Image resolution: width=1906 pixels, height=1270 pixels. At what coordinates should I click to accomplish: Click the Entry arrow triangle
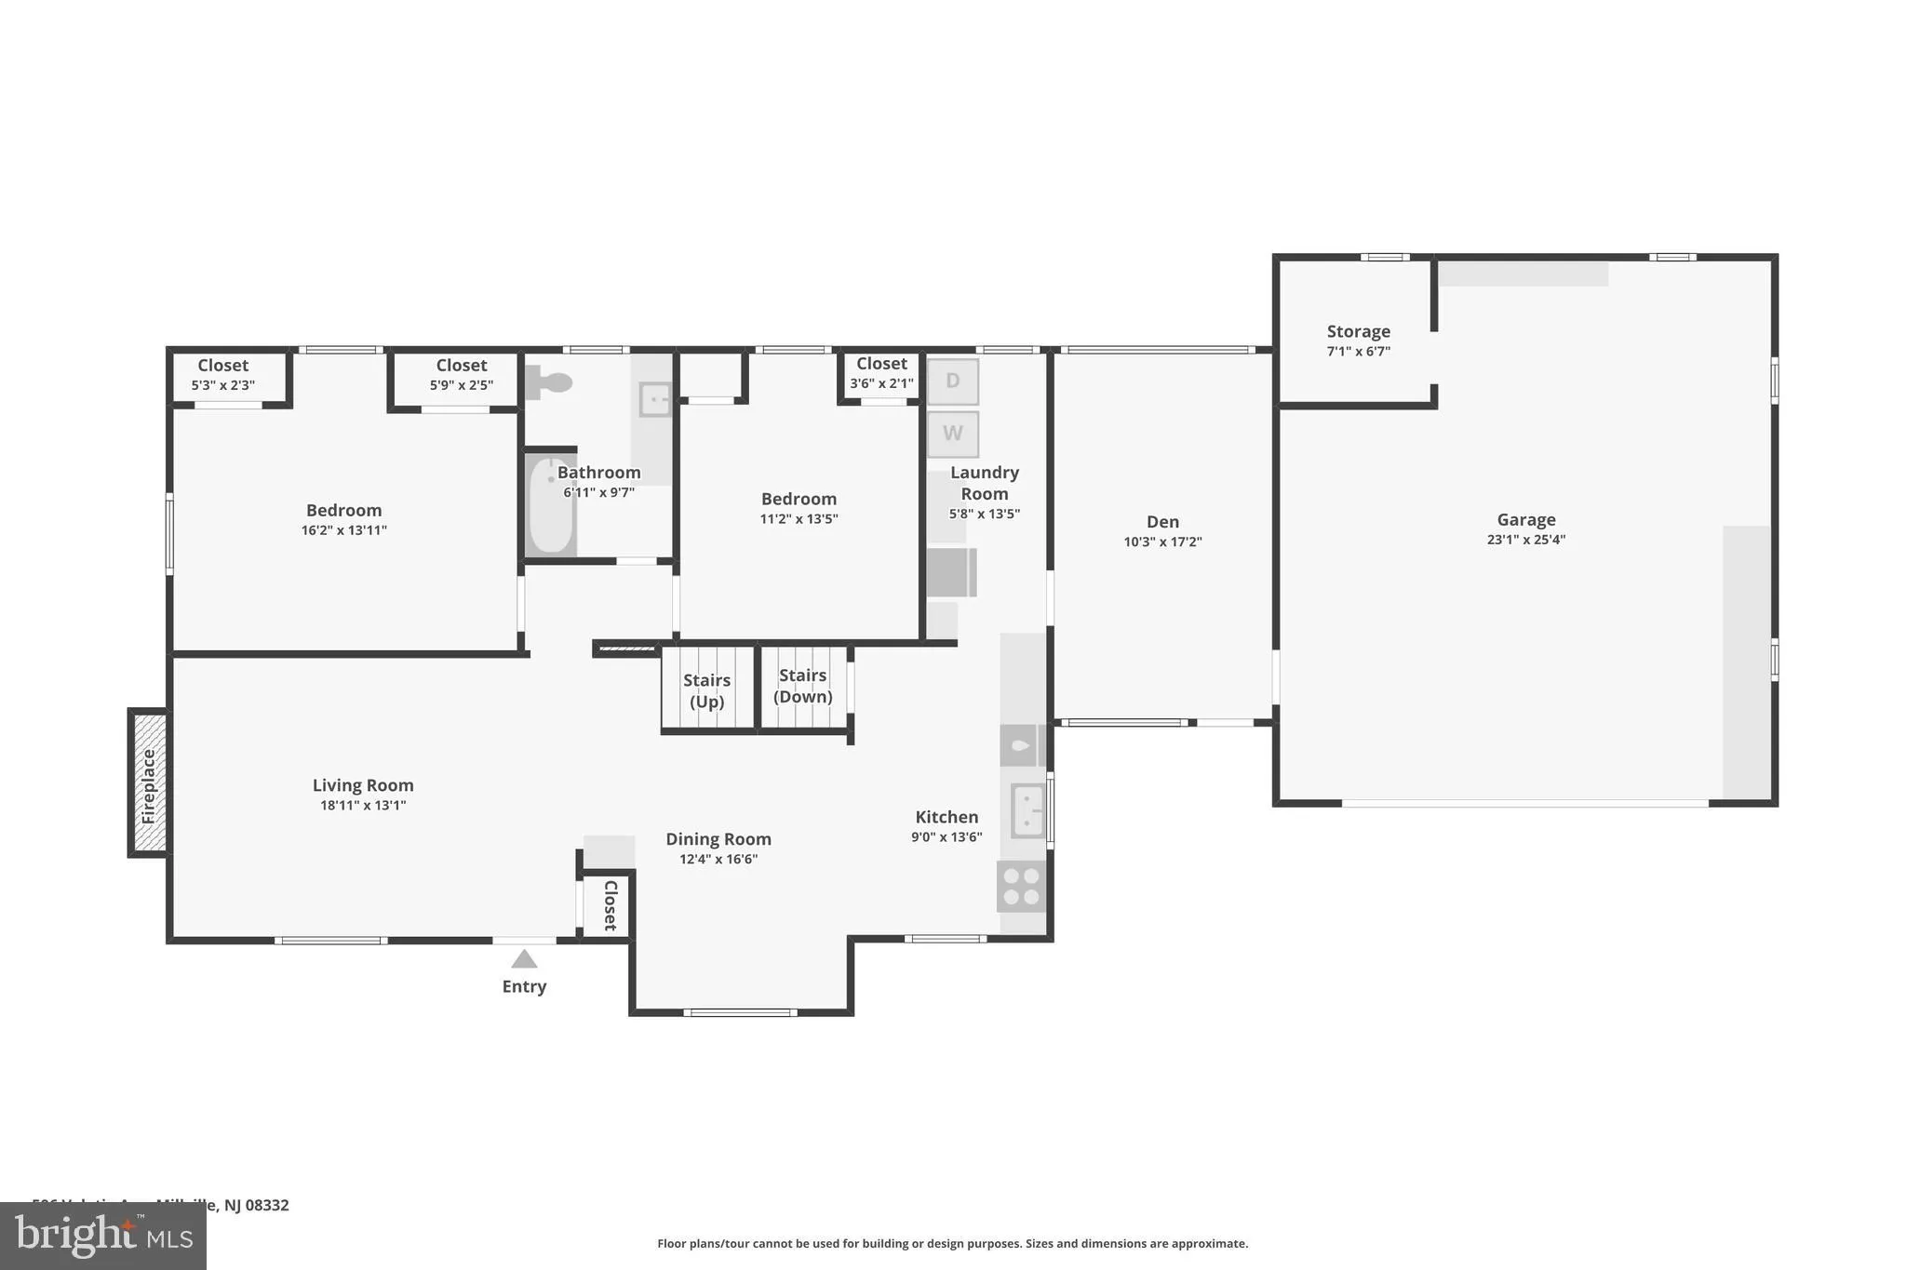pos(524,959)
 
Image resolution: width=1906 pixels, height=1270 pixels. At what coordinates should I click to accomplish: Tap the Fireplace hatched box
pos(149,782)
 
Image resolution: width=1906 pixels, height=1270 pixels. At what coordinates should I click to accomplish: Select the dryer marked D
pos(952,381)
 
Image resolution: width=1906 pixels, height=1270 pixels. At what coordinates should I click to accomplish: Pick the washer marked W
pos(952,434)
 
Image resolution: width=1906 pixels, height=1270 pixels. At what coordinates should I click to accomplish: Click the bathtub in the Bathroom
pos(551,506)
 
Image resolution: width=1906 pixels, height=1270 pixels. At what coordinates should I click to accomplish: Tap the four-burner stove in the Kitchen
pos(1021,886)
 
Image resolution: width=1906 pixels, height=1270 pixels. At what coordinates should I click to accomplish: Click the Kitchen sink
pos(1028,810)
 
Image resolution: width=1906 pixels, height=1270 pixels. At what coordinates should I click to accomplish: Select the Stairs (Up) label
pos(706,691)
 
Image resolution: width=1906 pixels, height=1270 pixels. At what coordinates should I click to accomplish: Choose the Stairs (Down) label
pos(802,686)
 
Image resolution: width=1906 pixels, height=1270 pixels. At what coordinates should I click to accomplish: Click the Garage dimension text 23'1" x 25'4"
pos(1525,540)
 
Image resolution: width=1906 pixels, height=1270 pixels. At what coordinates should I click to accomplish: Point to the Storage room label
pos(1358,331)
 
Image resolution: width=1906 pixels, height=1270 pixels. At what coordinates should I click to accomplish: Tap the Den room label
pos(1162,522)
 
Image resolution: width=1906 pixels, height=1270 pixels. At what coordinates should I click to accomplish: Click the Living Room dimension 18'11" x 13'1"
pos(363,806)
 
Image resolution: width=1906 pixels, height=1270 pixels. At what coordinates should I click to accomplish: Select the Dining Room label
pos(718,839)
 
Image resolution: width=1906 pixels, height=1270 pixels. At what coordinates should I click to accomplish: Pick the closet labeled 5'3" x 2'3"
pos(223,375)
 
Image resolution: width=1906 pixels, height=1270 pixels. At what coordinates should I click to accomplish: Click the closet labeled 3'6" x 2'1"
pos(881,373)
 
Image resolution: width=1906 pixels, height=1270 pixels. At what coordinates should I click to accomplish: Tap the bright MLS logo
pos(102,1237)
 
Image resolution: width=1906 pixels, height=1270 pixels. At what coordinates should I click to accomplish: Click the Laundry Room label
pos(984,483)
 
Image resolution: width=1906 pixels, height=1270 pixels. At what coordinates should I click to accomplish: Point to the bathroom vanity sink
pos(655,400)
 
